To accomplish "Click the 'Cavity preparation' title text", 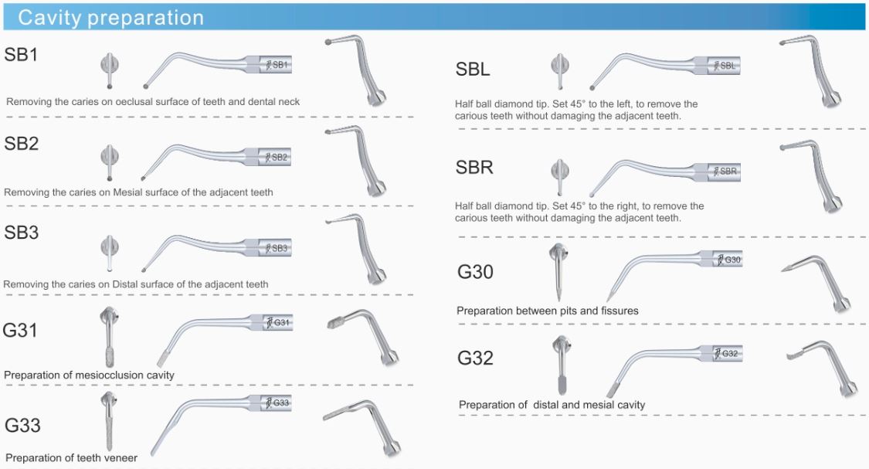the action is click(x=110, y=18).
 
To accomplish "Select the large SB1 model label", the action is click(x=21, y=54).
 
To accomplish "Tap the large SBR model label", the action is click(x=474, y=167).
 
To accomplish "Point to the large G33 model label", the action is click(x=22, y=425).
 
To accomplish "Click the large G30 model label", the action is click(x=476, y=272).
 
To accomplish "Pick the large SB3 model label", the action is click(x=21, y=233).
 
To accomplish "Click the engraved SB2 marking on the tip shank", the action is click(x=280, y=157).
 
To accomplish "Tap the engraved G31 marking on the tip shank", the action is click(x=281, y=322).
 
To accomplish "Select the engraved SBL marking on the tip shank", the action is click(x=728, y=66).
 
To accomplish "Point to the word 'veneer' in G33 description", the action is click(x=121, y=458).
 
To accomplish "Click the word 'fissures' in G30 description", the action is click(x=618, y=311).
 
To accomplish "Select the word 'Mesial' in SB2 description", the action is click(x=128, y=192).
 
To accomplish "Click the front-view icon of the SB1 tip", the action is click(x=109, y=70).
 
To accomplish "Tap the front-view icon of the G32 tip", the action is click(x=562, y=364).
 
